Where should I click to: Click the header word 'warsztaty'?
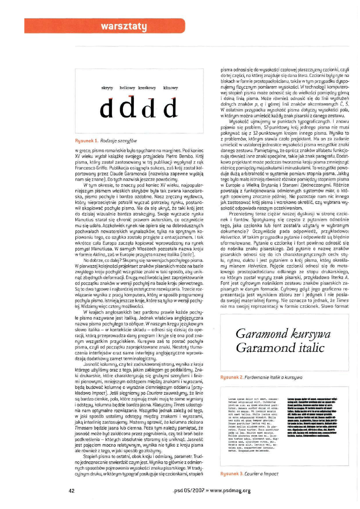tap(123, 27)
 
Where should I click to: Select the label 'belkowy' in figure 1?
tap(127, 87)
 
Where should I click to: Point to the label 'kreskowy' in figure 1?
tap(147, 87)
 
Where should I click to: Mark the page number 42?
tap(72, 490)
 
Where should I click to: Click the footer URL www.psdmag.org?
tap(230, 490)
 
